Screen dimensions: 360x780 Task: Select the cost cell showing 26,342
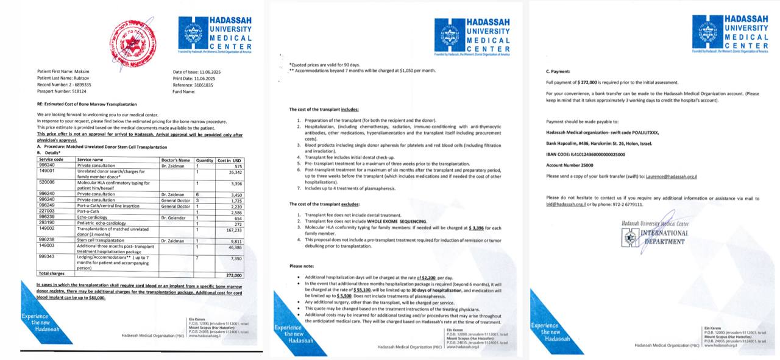tap(236, 172)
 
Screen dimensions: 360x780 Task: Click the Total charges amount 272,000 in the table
tap(233, 275)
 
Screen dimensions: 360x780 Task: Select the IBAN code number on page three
tap(600, 155)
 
